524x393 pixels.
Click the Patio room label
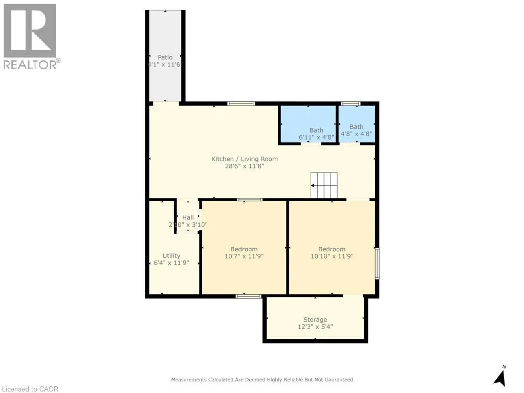(x=165, y=57)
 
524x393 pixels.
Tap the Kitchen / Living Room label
(x=245, y=159)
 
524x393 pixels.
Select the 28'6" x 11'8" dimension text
(x=245, y=166)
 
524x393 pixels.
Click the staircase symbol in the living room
(x=324, y=185)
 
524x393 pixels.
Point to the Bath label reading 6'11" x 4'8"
(x=316, y=130)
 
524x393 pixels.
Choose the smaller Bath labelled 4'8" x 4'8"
(x=356, y=127)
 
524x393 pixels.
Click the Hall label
(x=188, y=217)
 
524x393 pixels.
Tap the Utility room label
(x=171, y=256)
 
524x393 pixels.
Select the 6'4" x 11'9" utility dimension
(x=171, y=263)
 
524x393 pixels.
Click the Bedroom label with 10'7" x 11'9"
(x=244, y=249)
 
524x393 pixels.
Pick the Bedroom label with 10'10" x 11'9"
(x=332, y=249)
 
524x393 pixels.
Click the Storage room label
(x=315, y=320)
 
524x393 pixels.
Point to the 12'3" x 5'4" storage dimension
(x=315, y=327)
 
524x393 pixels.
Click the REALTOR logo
(x=30, y=36)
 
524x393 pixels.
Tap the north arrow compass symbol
(x=500, y=376)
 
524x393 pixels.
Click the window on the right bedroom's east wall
(x=377, y=263)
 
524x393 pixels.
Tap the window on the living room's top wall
(x=241, y=103)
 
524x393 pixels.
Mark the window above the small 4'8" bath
(x=351, y=103)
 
